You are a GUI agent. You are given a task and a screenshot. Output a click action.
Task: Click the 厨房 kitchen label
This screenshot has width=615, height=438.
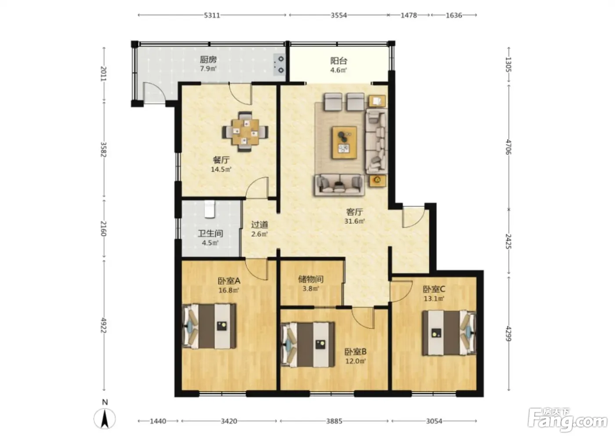[208, 60]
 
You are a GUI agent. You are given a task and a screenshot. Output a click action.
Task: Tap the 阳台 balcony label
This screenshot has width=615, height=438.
[339, 61]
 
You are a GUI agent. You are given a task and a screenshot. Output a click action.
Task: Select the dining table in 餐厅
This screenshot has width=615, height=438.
[245, 131]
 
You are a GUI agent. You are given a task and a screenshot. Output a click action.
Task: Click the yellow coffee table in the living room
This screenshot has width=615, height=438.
[344, 142]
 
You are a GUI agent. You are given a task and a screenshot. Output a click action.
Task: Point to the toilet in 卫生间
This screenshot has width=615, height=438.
[210, 209]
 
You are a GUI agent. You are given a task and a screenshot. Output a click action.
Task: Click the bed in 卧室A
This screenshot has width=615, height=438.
[210, 326]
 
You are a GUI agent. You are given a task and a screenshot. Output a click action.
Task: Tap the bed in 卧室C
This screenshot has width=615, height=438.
[449, 333]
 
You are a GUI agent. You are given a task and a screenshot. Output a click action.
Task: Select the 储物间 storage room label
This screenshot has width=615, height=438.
[311, 279]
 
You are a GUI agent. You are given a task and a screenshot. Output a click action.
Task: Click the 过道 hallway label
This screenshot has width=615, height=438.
[260, 225]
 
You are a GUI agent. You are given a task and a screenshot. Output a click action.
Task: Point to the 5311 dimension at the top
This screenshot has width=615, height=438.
[212, 15]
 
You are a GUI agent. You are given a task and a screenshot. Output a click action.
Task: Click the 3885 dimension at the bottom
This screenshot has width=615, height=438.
[334, 421]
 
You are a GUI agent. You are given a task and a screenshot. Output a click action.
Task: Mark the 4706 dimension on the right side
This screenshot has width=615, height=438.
[509, 147]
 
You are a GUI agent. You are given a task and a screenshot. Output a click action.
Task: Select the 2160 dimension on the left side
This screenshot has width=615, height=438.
[104, 228]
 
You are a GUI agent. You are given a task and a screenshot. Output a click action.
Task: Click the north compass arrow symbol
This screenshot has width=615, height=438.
[105, 419]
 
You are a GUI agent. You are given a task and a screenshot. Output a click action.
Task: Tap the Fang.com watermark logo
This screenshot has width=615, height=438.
[568, 420]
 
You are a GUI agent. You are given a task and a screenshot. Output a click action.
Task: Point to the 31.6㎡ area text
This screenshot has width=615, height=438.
[355, 221]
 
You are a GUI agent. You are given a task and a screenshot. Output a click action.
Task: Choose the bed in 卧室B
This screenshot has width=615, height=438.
[308, 345]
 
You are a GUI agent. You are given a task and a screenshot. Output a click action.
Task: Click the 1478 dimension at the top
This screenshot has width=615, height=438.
[409, 15]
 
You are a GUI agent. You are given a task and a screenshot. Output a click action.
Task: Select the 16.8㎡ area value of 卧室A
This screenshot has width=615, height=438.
[229, 290]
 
